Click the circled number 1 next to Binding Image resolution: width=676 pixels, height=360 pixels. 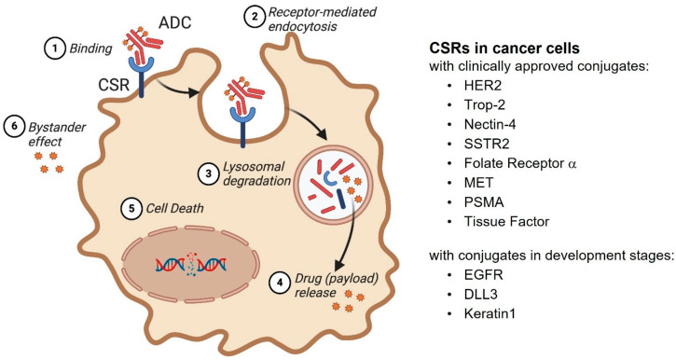(x=55, y=48)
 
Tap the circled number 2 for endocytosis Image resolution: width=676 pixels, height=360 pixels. (x=255, y=17)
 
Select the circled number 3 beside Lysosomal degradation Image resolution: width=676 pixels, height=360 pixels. (x=209, y=173)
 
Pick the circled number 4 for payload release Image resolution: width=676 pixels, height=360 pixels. (x=280, y=283)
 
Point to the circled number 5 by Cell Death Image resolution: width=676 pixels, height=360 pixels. (x=131, y=209)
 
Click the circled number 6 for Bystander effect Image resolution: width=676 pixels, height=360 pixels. (x=14, y=127)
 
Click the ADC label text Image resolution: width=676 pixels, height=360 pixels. (x=174, y=22)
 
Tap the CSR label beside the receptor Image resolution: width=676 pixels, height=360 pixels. (x=114, y=85)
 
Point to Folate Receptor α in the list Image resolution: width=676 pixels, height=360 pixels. (x=520, y=163)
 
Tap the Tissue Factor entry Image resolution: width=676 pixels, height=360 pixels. (x=506, y=222)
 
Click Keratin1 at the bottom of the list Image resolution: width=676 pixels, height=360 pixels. (x=490, y=313)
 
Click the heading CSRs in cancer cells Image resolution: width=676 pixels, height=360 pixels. (x=504, y=48)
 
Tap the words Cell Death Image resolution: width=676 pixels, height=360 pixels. (x=175, y=209)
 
